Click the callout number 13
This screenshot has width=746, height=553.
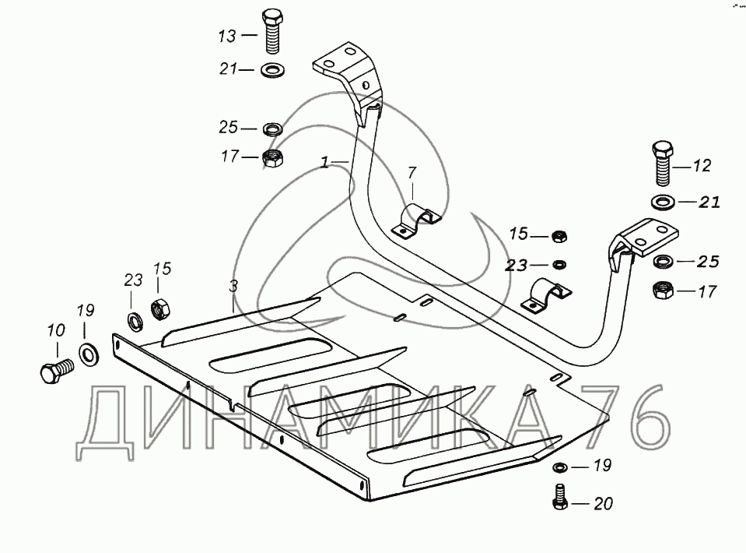coord(226,36)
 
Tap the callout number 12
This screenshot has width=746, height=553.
coord(702,166)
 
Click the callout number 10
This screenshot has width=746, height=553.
coord(55,331)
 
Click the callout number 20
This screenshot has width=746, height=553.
coord(603,504)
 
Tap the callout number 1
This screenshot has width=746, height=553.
coord(324,163)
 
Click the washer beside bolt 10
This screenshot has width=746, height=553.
coord(88,354)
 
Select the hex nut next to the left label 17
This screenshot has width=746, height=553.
coord(272,157)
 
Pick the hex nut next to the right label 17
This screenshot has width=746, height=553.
coord(662,291)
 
